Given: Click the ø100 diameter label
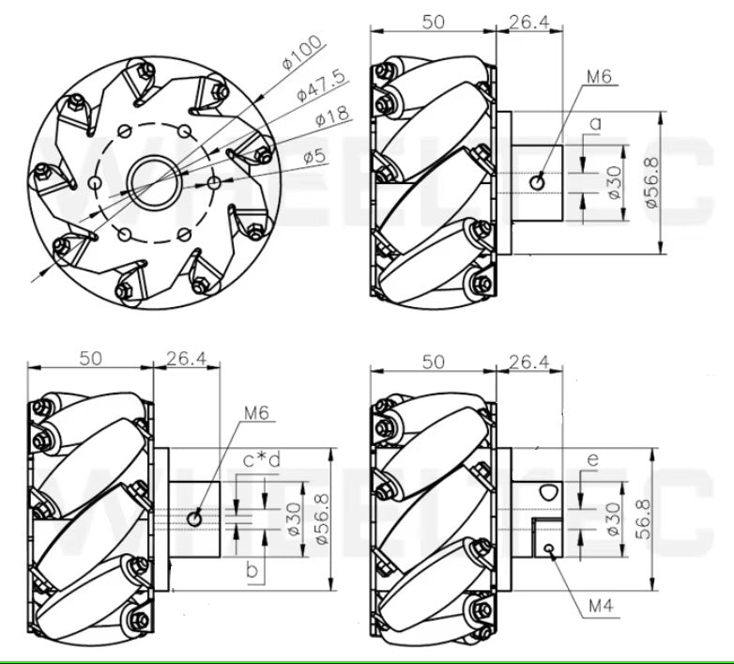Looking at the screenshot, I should pyautogui.click(x=302, y=52).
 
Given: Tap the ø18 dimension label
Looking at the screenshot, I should pyautogui.click(x=332, y=118).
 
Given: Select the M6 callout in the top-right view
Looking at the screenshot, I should pyautogui.click(x=597, y=76).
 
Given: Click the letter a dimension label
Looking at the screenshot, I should pyautogui.click(x=595, y=123).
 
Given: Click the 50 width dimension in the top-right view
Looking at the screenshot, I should pyautogui.click(x=433, y=21).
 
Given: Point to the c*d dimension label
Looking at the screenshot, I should pyautogui.click(x=262, y=460).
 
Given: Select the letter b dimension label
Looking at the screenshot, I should pyautogui.click(x=252, y=570).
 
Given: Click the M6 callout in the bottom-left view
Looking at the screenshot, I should pyautogui.click(x=256, y=412).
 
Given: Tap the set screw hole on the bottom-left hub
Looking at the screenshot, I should pyautogui.click(x=195, y=518).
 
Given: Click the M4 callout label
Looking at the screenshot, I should pyautogui.click(x=601, y=607).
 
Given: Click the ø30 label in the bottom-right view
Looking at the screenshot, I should pyautogui.click(x=614, y=518).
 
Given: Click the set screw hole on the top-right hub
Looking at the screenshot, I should pyautogui.click(x=537, y=181).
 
